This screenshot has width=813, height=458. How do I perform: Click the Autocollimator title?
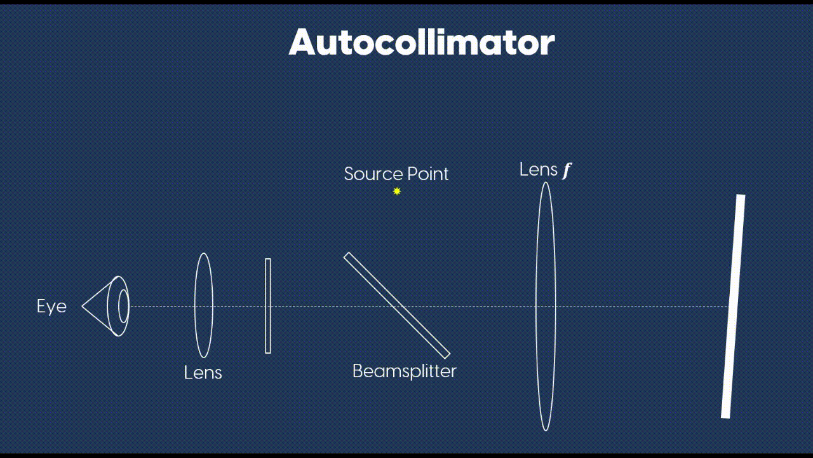click(x=422, y=42)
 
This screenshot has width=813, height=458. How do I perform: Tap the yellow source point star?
click(x=397, y=191)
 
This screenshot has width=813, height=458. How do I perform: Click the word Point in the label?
click(x=429, y=174)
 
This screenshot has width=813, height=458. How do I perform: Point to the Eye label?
click(x=51, y=306)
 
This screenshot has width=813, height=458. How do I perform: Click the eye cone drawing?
click(x=102, y=306)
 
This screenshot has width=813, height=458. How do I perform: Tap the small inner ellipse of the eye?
click(x=123, y=306)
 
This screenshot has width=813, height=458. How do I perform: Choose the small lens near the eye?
click(x=203, y=305)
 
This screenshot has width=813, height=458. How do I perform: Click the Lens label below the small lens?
click(x=203, y=372)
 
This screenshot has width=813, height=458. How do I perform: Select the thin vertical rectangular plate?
click(x=268, y=306)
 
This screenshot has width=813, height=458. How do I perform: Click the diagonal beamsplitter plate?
click(x=397, y=305)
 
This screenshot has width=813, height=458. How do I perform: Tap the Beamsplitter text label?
click(x=405, y=371)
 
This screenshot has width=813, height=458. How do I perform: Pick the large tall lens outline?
click(x=546, y=306)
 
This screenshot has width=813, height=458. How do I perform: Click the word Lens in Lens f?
click(x=539, y=169)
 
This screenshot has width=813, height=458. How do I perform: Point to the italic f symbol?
click(x=567, y=170)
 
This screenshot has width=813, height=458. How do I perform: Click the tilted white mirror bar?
click(x=733, y=306)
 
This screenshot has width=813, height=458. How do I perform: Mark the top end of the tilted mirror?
click(x=741, y=197)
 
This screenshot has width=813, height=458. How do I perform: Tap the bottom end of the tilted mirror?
click(x=725, y=416)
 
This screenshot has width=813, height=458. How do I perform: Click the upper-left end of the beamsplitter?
click(x=347, y=256)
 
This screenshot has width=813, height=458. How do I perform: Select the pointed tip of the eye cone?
click(x=83, y=306)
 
